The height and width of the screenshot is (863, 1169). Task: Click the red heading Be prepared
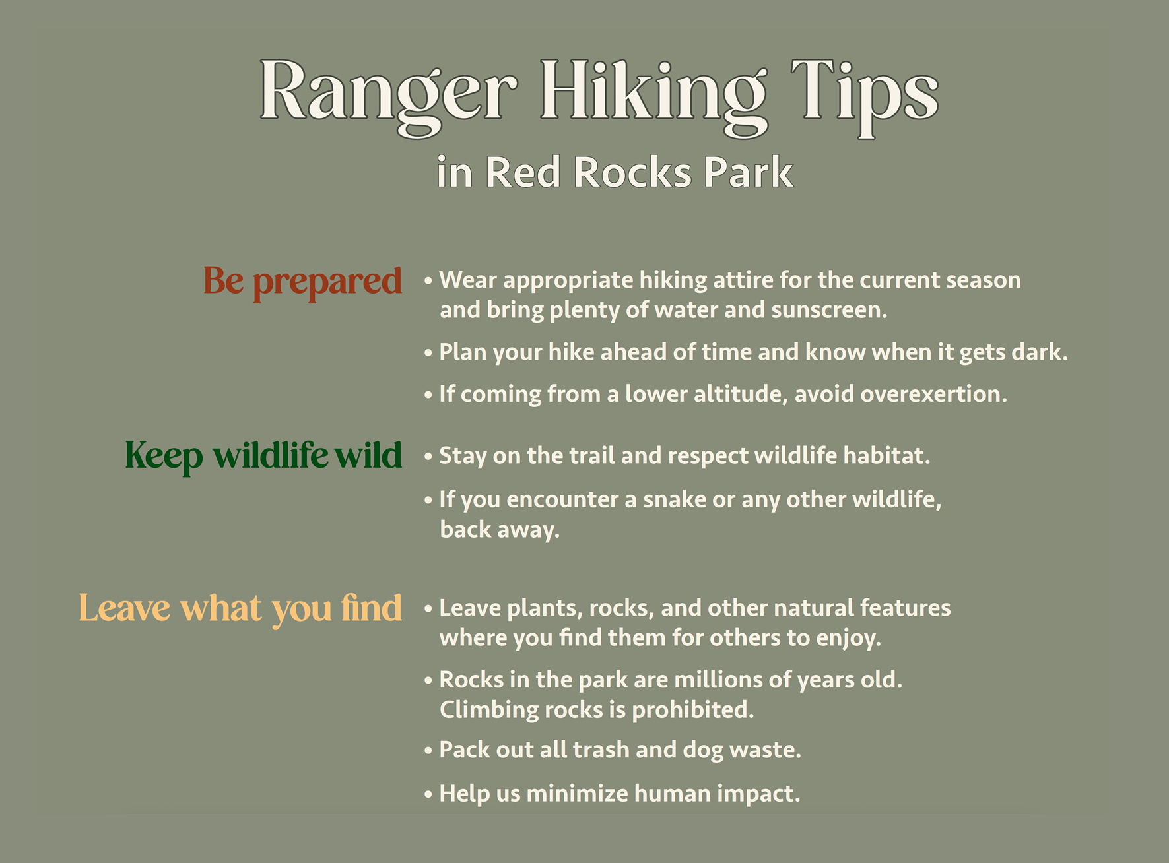302,282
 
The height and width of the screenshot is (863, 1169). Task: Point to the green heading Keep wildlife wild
263,457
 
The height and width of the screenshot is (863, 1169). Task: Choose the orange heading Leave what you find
240,608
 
